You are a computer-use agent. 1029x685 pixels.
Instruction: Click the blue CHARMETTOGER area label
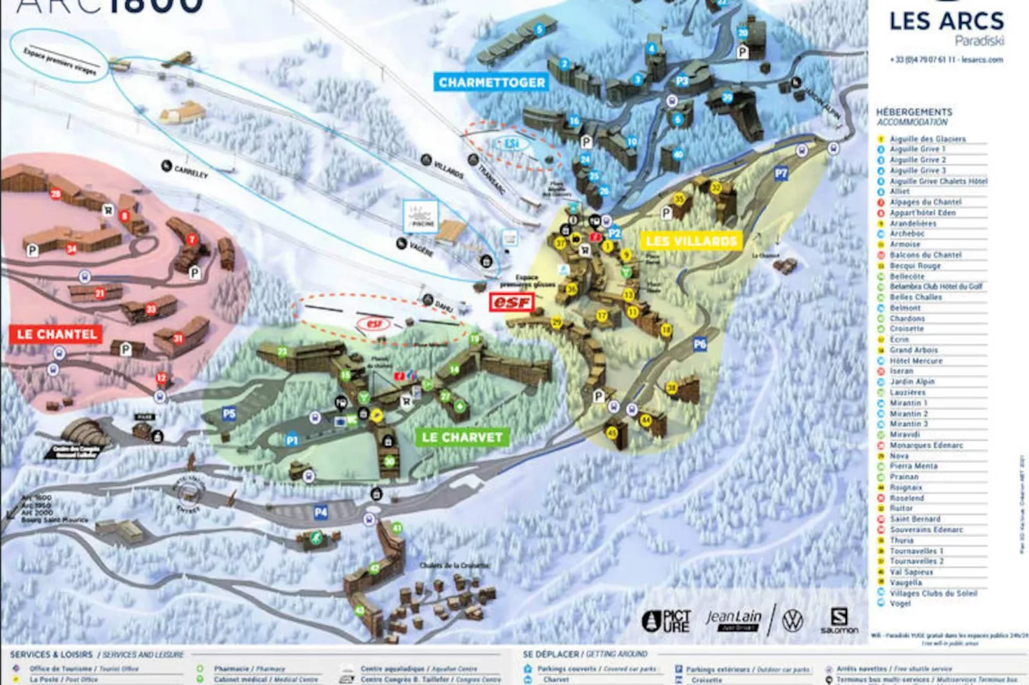click(491, 82)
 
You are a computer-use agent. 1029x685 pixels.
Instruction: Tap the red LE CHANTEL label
click(56, 334)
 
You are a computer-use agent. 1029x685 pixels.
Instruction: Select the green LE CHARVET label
click(462, 437)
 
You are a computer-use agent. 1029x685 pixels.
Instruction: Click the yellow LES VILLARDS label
click(691, 241)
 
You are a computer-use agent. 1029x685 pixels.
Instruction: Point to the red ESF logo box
click(511, 302)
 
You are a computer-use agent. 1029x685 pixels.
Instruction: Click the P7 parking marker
click(780, 173)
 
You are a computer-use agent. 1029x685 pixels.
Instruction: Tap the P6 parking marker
click(700, 344)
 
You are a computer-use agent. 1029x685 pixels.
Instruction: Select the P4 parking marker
click(320, 512)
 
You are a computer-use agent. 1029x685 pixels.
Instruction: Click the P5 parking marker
click(229, 414)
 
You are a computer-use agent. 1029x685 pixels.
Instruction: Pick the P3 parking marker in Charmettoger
click(682, 81)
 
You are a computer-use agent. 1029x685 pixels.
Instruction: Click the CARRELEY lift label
click(190, 171)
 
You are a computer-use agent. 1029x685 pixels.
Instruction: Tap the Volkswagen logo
click(793, 620)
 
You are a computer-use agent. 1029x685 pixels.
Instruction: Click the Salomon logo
click(839, 620)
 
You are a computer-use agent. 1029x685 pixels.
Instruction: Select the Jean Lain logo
click(734, 619)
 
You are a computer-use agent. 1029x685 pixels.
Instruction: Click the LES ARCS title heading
click(946, 21)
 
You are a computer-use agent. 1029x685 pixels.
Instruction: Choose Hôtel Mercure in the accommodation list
click(916, 361)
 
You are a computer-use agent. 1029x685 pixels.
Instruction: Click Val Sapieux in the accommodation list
click(911, 572)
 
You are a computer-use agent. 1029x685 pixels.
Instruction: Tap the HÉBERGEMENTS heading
click(914, 112)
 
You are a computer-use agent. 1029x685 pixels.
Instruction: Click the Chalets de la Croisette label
click(454, 565)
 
